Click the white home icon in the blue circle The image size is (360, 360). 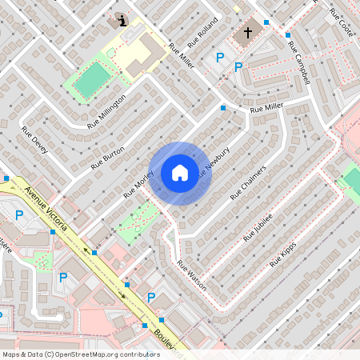point(180,173)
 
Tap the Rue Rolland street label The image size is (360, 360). point(202,33)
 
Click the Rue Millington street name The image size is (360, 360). point(107,110)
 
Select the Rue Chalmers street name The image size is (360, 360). point(247,183)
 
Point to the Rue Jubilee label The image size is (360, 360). point(258,226)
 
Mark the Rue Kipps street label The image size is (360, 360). point(283,253)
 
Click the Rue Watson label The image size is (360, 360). point(192,275)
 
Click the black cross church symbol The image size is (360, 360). point(248,33)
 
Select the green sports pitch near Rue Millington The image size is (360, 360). point(94,79)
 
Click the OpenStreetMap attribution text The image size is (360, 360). point(81,354)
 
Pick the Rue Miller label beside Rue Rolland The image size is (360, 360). point(181,56)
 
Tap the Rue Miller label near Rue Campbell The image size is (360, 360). point(266,107)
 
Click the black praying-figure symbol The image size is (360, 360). point(122,20)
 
